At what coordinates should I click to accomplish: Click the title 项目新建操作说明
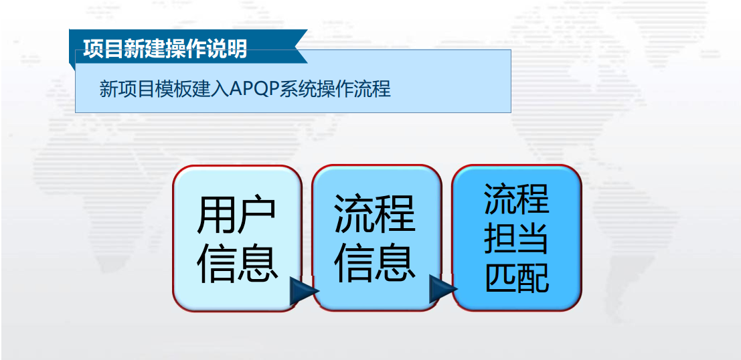165,48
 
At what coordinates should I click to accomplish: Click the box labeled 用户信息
237,238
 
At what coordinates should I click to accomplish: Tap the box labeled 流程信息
377,238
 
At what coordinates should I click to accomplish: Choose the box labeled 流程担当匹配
517,238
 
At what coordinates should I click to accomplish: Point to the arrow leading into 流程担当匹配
444,289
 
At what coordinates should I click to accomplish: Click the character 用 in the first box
216,215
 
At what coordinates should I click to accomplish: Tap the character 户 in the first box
257,215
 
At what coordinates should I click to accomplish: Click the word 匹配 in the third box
517,276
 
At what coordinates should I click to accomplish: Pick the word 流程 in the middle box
375,213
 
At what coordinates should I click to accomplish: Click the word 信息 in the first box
237,264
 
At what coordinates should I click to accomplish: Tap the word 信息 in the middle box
375,262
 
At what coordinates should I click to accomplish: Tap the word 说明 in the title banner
226,48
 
